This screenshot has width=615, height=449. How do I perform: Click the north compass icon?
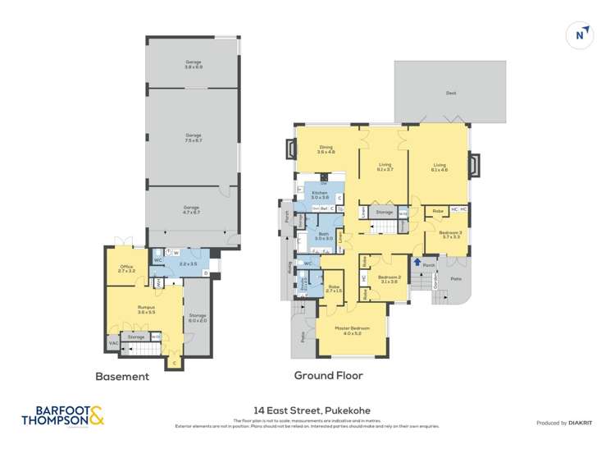[581, 34]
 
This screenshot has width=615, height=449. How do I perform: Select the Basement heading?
[123, 377]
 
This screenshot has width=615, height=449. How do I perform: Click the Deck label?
[450, 94]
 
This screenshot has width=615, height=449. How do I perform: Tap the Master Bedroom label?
[353, 330]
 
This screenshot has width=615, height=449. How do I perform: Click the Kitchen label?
[319, 195]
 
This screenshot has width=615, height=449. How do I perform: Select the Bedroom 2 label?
[388, 278]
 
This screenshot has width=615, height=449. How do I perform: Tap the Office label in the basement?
[125, 268]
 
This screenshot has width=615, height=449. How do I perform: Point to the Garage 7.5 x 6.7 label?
[193, 137]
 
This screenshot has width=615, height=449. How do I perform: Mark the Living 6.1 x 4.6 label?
[440, 167]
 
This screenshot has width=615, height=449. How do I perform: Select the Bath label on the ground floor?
[324, 237]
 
